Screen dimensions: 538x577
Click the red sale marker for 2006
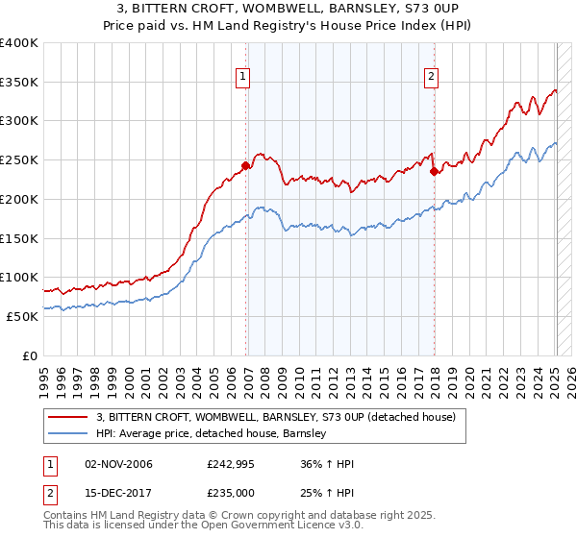tap(245, 165)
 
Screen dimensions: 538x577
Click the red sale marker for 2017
tap(435, 172)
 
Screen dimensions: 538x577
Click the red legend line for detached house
tap(67, 417)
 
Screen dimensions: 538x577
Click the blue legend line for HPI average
tap(67, 434)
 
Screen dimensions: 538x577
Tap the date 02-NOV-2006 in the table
tap(118, 464)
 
